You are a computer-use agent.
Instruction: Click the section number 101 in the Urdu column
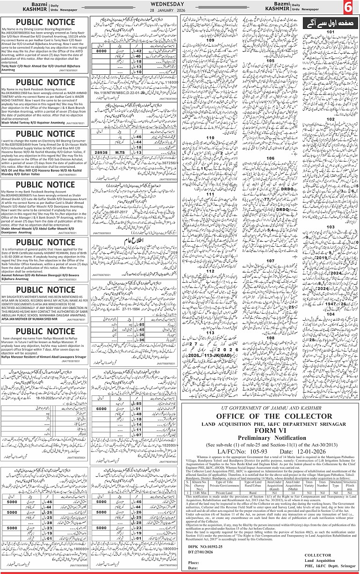[331, 32]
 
